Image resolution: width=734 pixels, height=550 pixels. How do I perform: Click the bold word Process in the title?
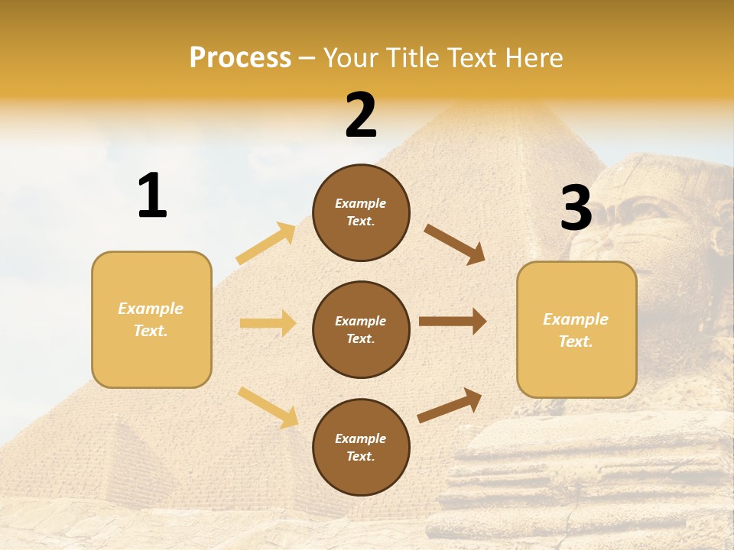[240, 58]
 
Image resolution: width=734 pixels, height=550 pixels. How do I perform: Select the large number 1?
[152, 196]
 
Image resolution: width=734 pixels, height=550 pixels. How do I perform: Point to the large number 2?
[361, 115]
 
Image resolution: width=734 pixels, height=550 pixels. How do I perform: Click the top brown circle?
[361, 212]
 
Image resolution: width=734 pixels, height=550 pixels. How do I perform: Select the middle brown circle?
[361, 330]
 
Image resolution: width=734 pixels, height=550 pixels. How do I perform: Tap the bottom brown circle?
[361, 448]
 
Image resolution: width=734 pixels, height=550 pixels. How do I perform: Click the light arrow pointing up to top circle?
[266, 244]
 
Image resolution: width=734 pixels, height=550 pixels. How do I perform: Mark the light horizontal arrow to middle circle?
[268, 323]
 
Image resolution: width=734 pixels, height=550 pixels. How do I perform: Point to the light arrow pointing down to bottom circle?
[268, 406]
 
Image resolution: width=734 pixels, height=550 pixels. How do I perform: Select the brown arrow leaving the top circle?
[455, 244]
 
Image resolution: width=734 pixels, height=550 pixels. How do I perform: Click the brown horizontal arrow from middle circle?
[453, 322]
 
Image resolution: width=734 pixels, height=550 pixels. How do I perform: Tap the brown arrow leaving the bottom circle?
[450, 405]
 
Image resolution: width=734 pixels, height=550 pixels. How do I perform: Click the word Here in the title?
[536, 58]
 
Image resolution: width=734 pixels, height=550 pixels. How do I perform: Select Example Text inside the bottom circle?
[361, 448]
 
